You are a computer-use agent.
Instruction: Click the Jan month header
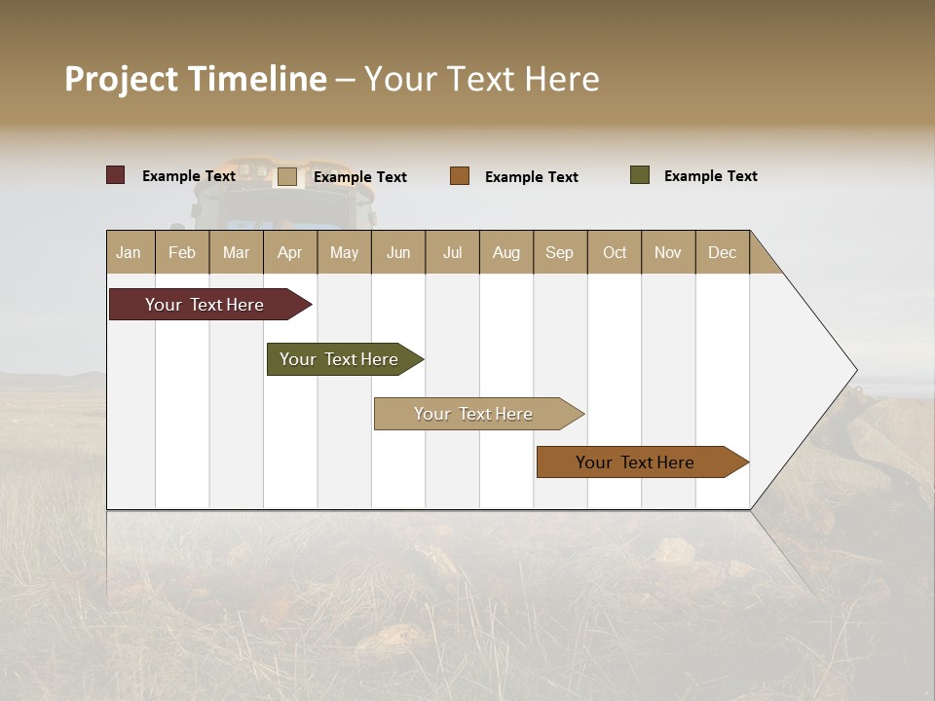[x=130, y=252]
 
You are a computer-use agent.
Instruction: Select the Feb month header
[x=182, y=252]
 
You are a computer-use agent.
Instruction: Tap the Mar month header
[x=236, y=252]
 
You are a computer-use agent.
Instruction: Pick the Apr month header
[x=290, y=252]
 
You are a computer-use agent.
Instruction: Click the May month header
[x=344, y=252]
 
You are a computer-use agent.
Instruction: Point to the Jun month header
[x=398, y=252]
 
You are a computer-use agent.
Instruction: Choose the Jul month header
[x=452, y=252]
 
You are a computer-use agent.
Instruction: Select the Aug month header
[x=506, y=252]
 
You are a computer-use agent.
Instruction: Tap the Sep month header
[x=560, y=252]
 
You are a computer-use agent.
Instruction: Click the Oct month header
[x=615, y=252]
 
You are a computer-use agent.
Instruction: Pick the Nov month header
[x=668, y=252]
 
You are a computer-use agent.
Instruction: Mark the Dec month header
[x=722, y=252]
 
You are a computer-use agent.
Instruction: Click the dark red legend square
[x=116, y=175]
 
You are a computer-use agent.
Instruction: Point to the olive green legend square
[x=640, y=175]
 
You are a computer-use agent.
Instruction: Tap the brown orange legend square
[x=460, y=175]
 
